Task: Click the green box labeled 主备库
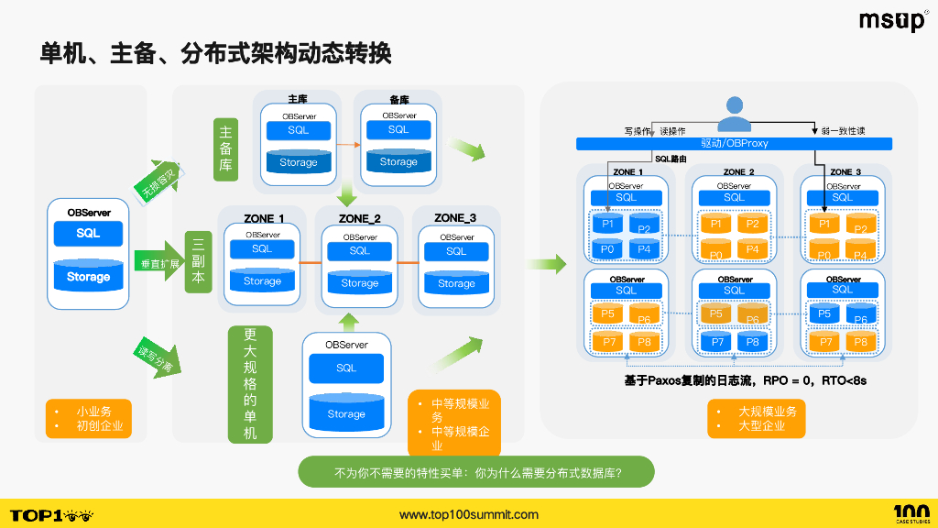pyautogui.click(x=225, y=150)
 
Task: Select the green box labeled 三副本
pyautogui.click(x=198, y=261)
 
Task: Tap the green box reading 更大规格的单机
pyautogui.click(x=250, y=384)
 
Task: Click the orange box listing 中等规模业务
pyautogui.click(x=453, y=423)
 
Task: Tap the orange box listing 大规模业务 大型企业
pyautogui.click(x=756, y=418)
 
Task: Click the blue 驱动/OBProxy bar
pyautogui.click(x=734, y=143)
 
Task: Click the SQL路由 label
pyautogui.click(x=671, y=159)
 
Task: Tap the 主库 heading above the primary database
pyautogui.click(x=298, y=99)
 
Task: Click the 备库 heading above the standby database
pyautogui.click(x=398, y=99)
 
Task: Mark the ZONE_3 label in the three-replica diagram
pyautogui.click(x=455, y=217)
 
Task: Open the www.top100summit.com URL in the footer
pyautogui.click(x=469, y=514)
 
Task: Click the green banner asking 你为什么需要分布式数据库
pyautogui.click(x=476, y=473)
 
